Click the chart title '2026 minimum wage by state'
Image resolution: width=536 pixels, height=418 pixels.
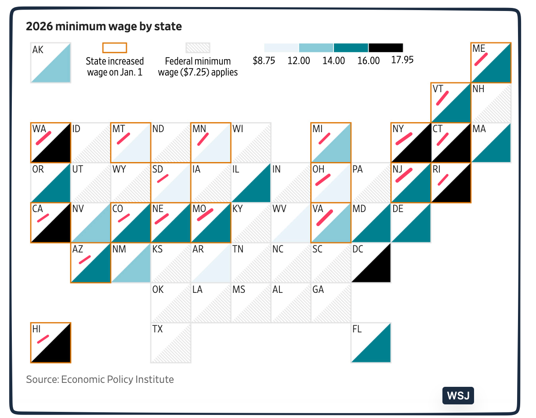point(104,26)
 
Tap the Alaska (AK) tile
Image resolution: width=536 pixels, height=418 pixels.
point(51,62)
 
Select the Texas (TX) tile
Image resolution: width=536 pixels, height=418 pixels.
point(171,343)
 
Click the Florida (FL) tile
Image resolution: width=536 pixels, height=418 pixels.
point(371,343)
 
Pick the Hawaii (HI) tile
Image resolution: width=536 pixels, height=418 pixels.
point(51,343)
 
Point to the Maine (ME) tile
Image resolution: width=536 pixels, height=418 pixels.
point(491,62)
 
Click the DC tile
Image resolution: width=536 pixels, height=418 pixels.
point(371,263)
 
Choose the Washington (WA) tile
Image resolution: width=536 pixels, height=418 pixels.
point(51,142)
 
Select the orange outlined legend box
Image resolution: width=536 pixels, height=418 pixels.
point(114,47)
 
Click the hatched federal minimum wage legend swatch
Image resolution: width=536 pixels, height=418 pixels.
point(198,47)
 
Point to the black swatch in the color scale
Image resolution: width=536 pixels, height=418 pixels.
point(385,47)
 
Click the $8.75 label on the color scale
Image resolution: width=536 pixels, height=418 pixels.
point(264,61)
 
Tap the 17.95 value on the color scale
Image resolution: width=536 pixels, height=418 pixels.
point(402,60)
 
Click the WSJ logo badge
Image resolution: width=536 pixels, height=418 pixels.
point(458,396)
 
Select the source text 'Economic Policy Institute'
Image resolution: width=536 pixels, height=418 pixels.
point(117,379)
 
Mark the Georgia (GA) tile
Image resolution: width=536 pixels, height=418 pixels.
point(331,303)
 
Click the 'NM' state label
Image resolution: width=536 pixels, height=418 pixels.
point(119,249)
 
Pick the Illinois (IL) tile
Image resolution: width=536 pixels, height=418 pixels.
point(251,183)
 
